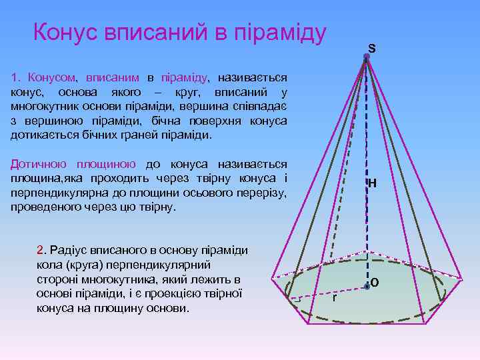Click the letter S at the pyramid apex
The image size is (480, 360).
click(x=371, y=48)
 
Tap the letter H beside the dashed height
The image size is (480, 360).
click(x=372, y=183)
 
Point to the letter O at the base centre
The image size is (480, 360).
click(x=375, y=283)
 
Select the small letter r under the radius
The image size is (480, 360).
click(x=334, y=298)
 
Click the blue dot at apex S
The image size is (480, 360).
click(x=366, y=57)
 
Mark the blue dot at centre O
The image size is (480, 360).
click(x=367, y=287)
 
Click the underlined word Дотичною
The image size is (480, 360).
click(x=38, y=164)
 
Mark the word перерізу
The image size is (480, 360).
click(x=263, y=193)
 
